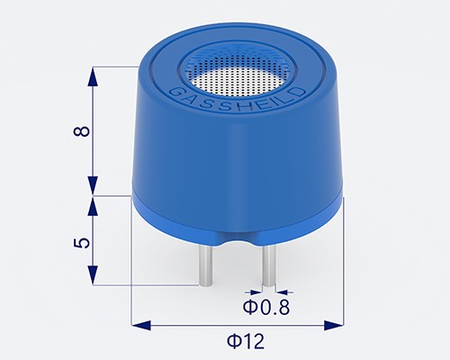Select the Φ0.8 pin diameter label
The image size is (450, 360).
[x=268, y=309]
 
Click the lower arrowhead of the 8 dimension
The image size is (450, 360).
[x=93, y=185]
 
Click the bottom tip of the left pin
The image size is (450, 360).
[x=205, y=283]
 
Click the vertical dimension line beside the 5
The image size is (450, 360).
[x=93, y=242]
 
